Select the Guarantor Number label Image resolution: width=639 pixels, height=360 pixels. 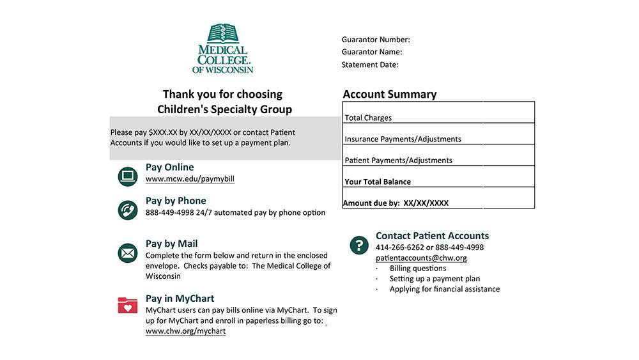coord(376,40)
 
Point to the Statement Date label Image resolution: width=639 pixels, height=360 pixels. coord(370,65)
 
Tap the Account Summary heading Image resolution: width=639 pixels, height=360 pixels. coord(390,94)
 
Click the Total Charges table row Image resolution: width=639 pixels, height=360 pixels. coord(438,113)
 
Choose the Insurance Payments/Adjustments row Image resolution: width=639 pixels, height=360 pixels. coord(438,135)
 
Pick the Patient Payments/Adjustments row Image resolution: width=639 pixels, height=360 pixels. coord(438,156)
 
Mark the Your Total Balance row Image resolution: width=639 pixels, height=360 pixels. coord(438,178)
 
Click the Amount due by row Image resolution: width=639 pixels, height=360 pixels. coord(438,199)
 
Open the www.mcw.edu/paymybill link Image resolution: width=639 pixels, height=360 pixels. coord(190,179)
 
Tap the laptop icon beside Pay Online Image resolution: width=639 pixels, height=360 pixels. coord(128,176)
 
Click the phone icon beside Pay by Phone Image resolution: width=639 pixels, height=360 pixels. coord(128,210)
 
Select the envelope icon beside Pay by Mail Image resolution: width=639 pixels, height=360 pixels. coord(128,253)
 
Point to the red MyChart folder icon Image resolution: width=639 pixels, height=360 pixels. coord(128,305)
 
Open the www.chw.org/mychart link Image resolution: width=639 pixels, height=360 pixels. coord(185,331)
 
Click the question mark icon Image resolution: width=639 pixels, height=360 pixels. coord(360,245)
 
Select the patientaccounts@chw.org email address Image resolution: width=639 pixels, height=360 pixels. coord(421,258)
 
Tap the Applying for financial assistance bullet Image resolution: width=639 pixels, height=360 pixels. coord(445,289)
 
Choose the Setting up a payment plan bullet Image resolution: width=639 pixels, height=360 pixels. coord(435,279)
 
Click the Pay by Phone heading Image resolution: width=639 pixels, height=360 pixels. coord(176,201)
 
